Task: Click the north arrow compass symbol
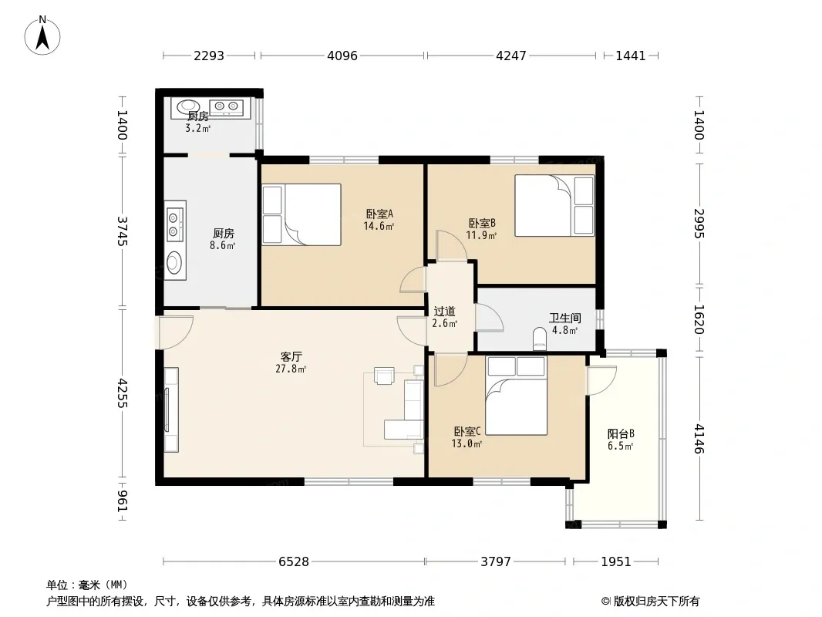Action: coord(42,35)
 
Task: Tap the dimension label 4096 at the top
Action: coord(342,56)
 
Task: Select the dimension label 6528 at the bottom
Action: coord(294,562)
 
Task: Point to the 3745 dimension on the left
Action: coord(122,231)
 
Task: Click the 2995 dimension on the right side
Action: coord(699,224)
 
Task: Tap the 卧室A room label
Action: coord(379,214)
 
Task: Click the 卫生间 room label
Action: coord(564,319)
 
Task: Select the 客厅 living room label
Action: coord(291,357)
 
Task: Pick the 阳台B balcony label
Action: coord(621,434)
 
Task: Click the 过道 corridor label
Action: coord(445,312)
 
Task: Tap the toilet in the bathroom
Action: coord(539,339)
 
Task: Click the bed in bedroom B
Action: coord(554,205)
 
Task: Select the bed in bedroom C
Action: coord(517,396)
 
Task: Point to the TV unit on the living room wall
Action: coord(171,410)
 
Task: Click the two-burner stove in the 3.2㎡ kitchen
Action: coord(227,107)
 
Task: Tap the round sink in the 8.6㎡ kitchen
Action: coord(174,262)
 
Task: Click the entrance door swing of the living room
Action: coord(176,332)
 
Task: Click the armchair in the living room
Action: coord(384,376)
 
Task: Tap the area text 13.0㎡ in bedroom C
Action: coord(467,444)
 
